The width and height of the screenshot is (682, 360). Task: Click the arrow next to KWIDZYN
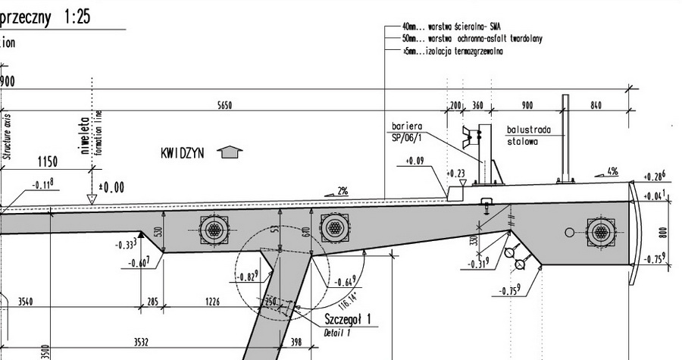pos(230,152)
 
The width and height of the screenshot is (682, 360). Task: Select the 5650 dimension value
pos(224,106)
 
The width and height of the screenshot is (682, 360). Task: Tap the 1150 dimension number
pos(48,161)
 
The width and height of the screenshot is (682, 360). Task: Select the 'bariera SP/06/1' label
pos(407,130)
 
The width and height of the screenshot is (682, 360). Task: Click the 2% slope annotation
pos(343,191)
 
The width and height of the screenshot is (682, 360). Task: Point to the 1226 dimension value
pos(212,302)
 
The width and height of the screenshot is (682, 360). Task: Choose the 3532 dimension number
pos(141,343)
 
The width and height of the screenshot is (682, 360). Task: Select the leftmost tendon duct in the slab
pos(213,228)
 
